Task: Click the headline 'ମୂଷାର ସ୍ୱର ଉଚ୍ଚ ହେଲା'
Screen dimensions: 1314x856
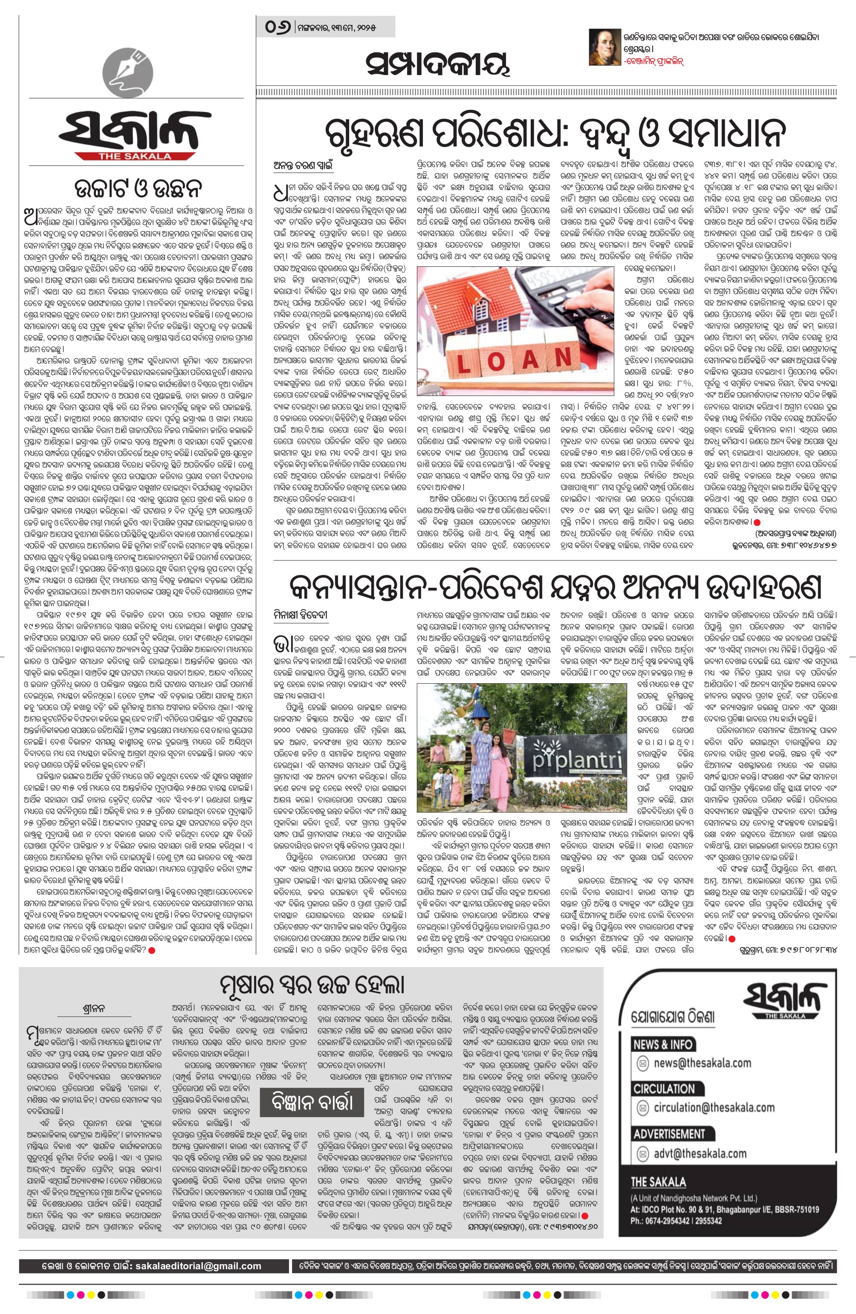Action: [312, 999]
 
